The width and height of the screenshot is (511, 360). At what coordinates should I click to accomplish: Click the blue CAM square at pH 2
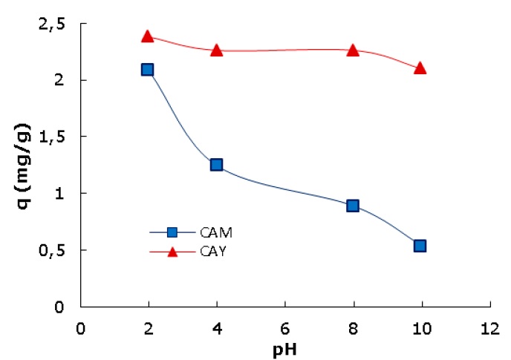pos(147,70)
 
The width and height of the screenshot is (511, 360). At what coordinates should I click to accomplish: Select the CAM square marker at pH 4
pos(216,165)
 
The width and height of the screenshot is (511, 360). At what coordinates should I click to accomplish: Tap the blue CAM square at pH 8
pos(353,206)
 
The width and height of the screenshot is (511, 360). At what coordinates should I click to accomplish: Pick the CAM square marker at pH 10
pos(420,246)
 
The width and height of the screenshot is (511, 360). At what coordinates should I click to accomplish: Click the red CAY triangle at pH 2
pos(147,36)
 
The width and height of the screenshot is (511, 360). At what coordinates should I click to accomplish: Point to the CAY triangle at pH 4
pos(216,50)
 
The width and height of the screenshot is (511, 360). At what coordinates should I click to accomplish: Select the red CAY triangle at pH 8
pos(353,50)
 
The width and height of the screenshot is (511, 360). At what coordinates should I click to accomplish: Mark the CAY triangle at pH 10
pos(420,68)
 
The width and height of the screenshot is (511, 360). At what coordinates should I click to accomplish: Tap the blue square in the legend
pos(172,233)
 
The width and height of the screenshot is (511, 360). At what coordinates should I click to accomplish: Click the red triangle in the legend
pos(172,252)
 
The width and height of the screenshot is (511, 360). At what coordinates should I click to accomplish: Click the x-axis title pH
pos(286,347)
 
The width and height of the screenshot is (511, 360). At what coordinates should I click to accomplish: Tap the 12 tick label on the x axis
pos(489,327)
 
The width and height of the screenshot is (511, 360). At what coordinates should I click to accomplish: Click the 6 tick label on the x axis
pos(284,327)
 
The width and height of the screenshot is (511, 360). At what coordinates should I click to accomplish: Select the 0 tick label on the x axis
pos(80,327)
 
